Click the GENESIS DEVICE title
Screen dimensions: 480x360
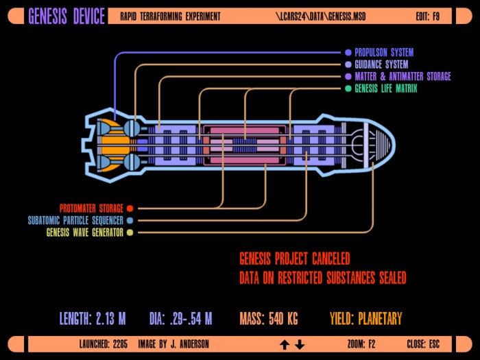tap(67, 16)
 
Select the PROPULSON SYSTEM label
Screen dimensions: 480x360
tap(384, 52)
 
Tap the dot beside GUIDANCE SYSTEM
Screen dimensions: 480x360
tap(348, 64)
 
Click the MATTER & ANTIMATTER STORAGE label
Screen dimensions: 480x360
tap(403, 76)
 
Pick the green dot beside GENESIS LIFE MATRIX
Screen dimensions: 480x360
tap(348, 88)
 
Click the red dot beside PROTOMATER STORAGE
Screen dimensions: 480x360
tap(130, 208)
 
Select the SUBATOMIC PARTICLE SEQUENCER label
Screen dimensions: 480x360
tap(75, 220)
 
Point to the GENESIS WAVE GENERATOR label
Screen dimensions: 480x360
tap(85, 232)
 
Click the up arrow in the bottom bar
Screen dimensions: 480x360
tap(285, 345)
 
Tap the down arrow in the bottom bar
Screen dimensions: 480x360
tap(300, 345)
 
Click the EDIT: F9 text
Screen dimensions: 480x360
tap(428, 16)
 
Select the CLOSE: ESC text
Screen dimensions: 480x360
tap(423, 344)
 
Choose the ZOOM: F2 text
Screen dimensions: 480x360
tap(361, 344)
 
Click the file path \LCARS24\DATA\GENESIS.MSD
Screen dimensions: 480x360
tap(320, 16)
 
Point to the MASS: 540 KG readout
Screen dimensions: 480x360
tap(269, 319)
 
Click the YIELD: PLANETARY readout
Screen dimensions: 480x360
tap(365, 319)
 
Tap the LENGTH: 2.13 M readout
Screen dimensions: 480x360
tap(93, 319)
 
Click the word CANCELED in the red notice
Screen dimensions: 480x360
tap(331, 259)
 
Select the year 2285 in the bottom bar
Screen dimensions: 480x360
tap(120, 344)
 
